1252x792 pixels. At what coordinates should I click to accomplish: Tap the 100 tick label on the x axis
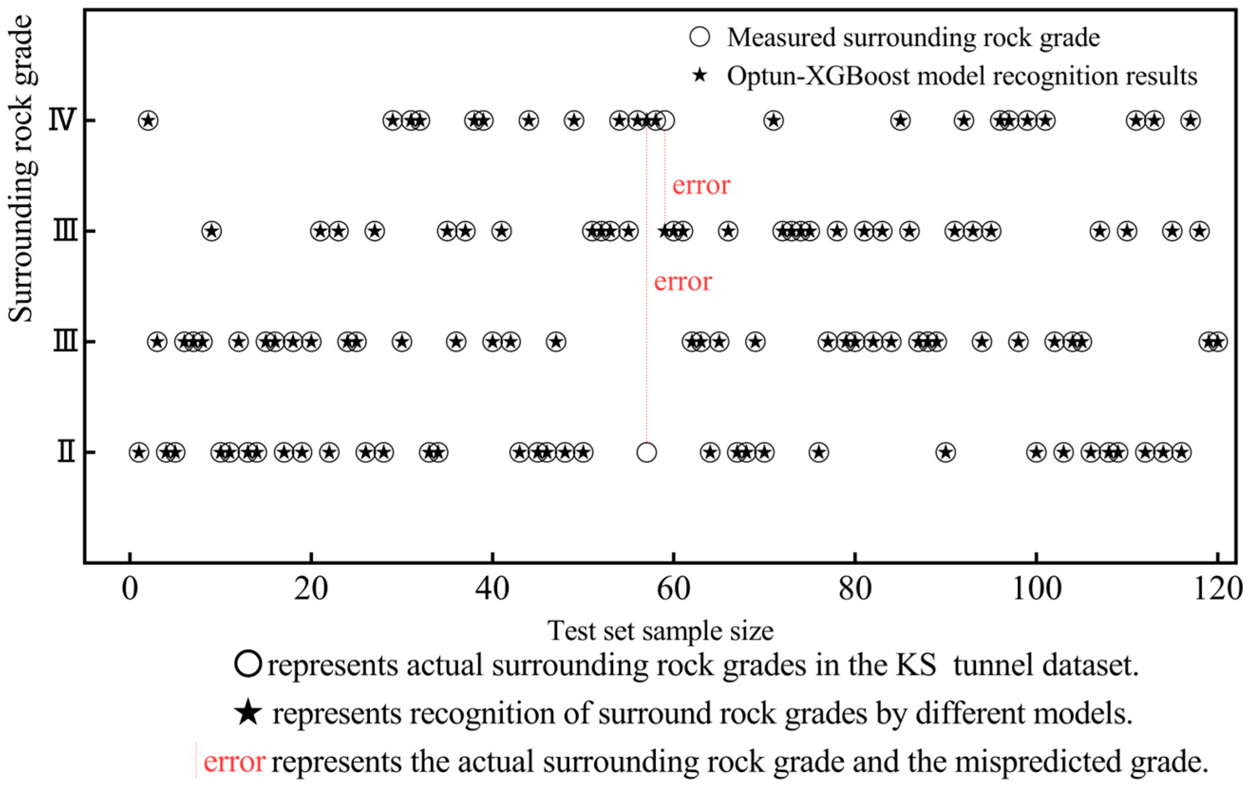[x=1036, y=590]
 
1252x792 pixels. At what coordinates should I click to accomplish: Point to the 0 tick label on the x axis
[x=130, y=590]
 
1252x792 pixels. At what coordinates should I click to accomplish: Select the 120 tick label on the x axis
[x=1217, y=590]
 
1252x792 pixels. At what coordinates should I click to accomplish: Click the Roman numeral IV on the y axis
[x=62, y=121]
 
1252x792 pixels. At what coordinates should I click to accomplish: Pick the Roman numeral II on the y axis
[x=66, y=453]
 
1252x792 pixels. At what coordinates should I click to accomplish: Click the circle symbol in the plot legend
[x=700, y=38]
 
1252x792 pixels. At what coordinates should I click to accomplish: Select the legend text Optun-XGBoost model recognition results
[x=962, y=76]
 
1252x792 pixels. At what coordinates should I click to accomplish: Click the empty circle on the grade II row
[x=646, y=453]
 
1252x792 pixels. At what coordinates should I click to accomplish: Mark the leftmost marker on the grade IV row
[x=148, y=121]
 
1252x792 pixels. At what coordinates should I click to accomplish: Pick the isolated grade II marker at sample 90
[x=945, y=453]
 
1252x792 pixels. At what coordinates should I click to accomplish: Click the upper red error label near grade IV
[x=701, y=186]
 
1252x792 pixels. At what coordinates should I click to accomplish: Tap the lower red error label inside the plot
[x=683, y=282]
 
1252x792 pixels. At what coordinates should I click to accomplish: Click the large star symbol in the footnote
[x=248, y=713]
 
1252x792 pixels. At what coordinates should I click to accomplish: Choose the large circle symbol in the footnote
[x=247, y=665]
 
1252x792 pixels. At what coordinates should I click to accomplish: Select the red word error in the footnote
[x=235, y=762]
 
